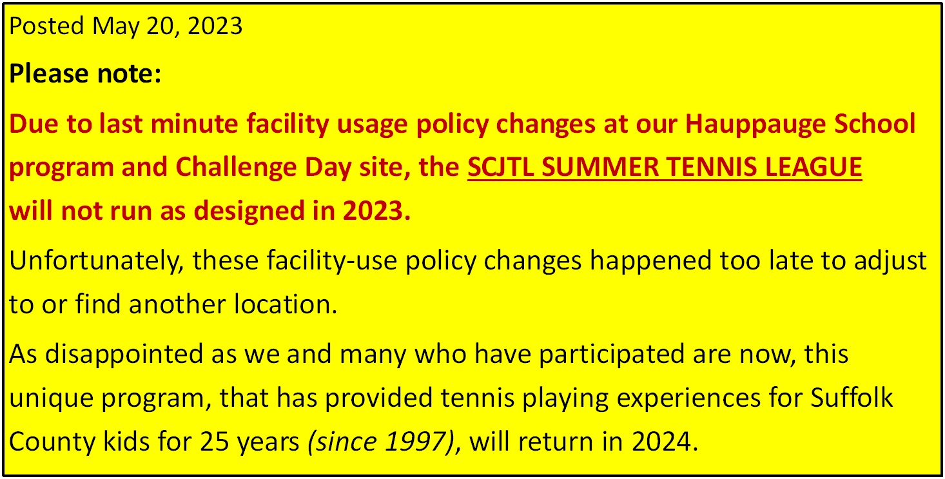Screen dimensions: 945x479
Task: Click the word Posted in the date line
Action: pos(46,26)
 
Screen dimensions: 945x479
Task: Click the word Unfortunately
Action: pos(96,261)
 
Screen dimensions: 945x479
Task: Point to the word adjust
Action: pos(890,261)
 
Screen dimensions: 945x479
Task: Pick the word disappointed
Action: pos(124,355)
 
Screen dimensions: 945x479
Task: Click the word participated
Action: pos(612,355)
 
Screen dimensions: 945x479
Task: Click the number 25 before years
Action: pos(214,442)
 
